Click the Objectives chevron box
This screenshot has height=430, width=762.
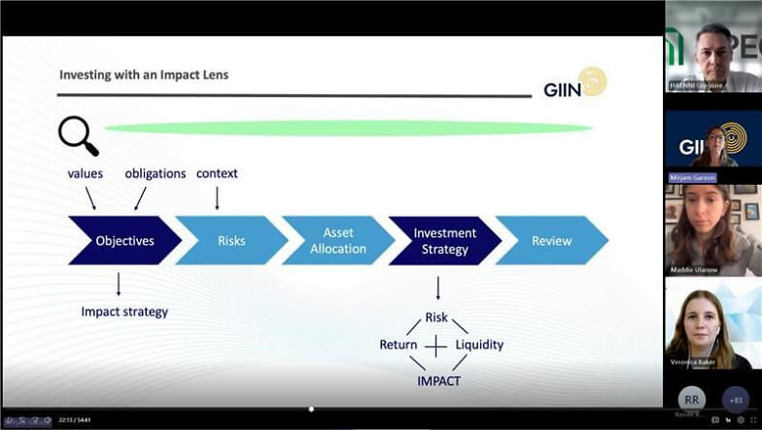[124, 240]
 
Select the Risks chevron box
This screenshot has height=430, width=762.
[231, 240]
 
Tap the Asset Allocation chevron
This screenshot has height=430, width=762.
[338, 240]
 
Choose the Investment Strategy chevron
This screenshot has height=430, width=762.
[444, 240]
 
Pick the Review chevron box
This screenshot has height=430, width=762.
[552, 240]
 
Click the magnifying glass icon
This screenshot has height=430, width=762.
[78, 135]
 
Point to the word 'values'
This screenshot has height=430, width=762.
[85, 173]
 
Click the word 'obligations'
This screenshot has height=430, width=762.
[156, 173]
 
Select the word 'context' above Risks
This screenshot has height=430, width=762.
[217, 173]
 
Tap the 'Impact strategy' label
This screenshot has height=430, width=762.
[124, 312]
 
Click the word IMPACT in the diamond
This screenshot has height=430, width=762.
[438, 380]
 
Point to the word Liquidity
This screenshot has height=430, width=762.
[479, 344]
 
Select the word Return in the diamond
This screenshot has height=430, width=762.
[398, 344]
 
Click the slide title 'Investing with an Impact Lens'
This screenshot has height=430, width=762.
[144, 74]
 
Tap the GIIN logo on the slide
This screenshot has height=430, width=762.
[575, 84]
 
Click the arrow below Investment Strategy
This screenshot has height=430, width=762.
[437, 287]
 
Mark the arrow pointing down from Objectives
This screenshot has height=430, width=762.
[119, 283]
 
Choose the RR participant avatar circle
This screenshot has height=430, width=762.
[691, 398]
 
